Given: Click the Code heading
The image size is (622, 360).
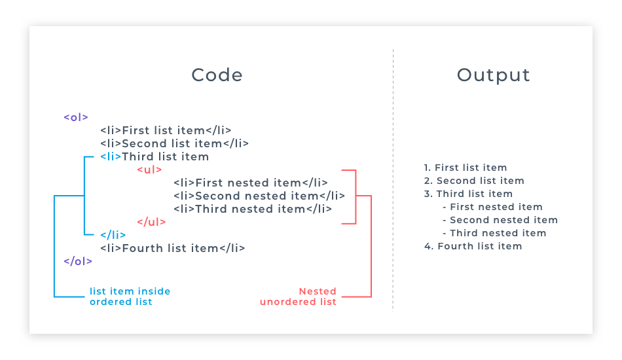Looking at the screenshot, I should [x=217, y=75].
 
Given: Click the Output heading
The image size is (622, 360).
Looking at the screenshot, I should [x=493, y=75].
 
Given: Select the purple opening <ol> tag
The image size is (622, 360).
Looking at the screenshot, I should [x=76, y=117].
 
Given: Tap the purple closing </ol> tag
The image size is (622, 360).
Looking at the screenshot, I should [x=78, y=261].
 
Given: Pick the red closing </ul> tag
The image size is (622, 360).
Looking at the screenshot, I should [x=151, y=222].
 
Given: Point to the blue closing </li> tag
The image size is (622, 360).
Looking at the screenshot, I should [x=113, y=235].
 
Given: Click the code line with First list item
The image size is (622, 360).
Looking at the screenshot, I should [x=166, y=130].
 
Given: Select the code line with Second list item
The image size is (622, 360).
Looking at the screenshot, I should [x=174, y=143].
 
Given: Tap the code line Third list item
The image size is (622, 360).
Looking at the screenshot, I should [x=155, y=156].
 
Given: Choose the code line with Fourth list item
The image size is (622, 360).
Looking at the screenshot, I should [x=173, y=248].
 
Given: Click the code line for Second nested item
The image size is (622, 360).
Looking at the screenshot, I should [x=259, y=196].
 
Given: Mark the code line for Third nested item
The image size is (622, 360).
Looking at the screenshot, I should [x=253, y=209].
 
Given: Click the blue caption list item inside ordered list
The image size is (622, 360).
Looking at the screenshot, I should [x=130, y=297].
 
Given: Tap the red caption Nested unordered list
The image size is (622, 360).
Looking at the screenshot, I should [x=299, y=297].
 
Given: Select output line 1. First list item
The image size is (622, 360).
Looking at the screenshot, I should [x=466, y=168].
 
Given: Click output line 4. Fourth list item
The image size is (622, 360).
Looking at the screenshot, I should [x=473, y=246].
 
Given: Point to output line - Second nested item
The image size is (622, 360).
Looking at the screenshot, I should [x=500, y=220].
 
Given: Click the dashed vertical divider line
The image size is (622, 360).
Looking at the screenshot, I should [x=393, y=196].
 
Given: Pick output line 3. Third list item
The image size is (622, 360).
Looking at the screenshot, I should [x=468, y=194].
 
